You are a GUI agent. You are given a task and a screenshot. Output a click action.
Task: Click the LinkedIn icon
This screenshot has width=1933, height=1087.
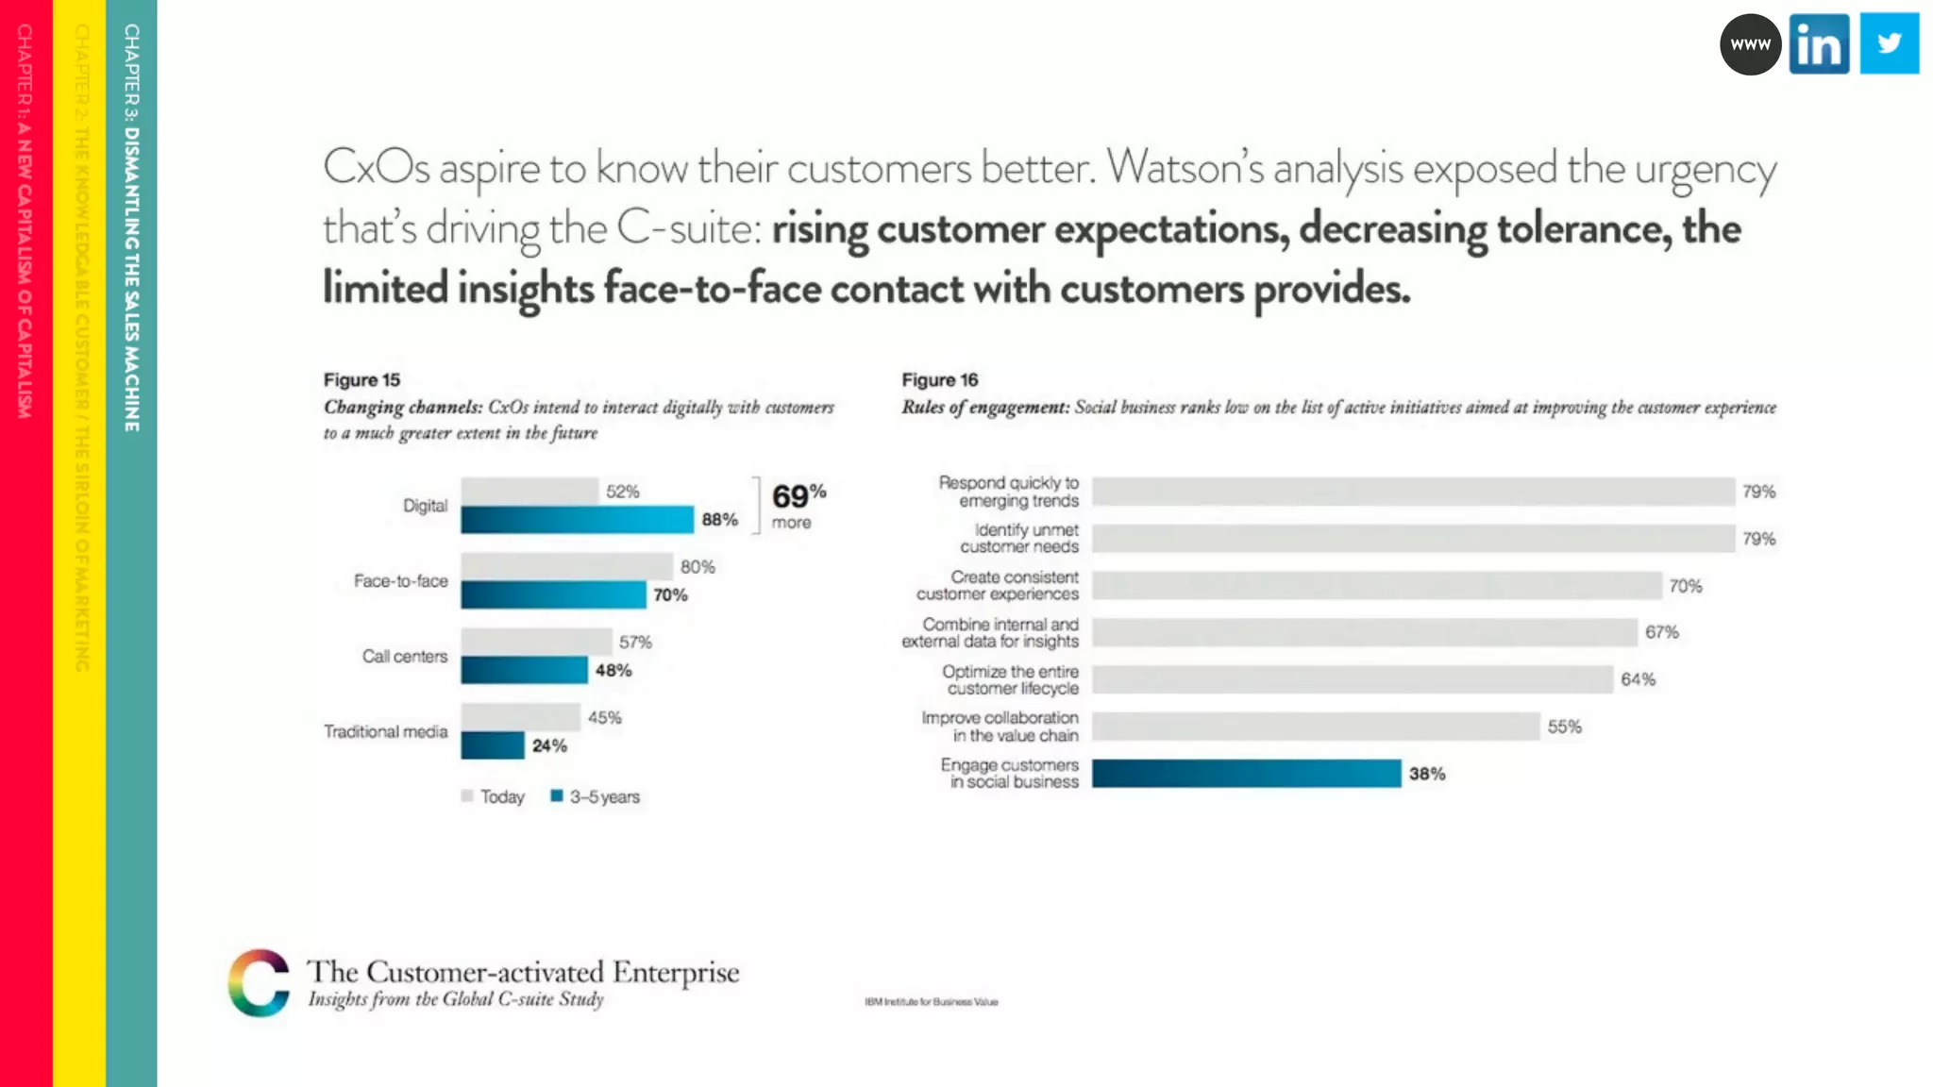1819,43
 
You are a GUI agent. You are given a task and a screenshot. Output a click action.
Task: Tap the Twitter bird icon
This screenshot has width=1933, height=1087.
1889,43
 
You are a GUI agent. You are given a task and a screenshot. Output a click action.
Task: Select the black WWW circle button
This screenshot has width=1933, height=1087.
1750,44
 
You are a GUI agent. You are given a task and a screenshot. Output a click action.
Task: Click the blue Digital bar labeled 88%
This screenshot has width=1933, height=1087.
577,520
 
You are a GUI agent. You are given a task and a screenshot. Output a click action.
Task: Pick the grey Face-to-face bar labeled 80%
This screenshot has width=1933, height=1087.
566,566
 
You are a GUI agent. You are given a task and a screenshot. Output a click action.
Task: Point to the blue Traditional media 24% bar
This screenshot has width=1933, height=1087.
492,745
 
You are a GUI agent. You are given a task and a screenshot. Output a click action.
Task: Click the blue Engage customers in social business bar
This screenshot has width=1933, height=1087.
1246,774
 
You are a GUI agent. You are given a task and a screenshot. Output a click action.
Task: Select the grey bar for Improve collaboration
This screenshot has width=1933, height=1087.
1316,727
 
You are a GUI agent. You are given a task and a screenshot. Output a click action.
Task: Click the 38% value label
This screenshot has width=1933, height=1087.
1427,774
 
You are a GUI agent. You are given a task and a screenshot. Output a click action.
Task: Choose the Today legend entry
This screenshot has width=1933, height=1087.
493,796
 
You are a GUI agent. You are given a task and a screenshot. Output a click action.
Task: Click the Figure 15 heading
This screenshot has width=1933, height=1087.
361,379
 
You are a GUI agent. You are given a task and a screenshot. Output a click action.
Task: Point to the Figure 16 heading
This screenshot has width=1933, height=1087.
939,379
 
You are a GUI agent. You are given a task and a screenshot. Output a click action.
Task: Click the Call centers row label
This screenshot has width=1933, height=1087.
404,656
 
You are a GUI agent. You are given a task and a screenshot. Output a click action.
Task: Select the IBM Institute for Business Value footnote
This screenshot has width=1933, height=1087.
931,1002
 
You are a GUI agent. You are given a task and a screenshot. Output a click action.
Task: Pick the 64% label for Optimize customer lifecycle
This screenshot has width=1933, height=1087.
1638,679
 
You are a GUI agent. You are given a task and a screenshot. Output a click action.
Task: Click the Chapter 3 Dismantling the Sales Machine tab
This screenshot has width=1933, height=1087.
131,226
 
